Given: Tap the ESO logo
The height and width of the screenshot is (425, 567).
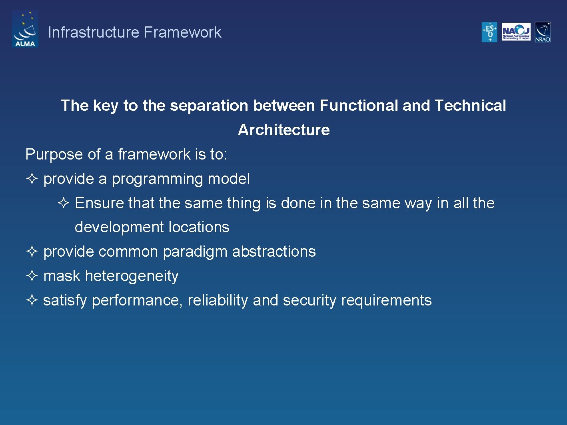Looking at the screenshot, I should (489, 32).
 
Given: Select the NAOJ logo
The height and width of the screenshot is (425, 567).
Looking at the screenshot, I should (516, 32).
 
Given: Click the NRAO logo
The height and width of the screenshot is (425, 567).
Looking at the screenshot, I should (543, 32).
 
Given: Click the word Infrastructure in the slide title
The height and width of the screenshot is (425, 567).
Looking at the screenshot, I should (94, 32).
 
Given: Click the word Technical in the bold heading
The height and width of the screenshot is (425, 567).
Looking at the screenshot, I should (470, 106).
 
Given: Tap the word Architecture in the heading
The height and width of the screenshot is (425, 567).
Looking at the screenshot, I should (283, 130).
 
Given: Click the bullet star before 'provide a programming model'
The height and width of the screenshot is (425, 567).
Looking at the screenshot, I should (32, 179).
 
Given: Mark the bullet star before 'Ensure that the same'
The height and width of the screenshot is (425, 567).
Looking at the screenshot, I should (64, 203).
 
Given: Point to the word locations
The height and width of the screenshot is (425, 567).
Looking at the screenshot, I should (199, 227).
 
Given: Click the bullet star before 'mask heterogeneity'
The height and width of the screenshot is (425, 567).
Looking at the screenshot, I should (32, 276).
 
